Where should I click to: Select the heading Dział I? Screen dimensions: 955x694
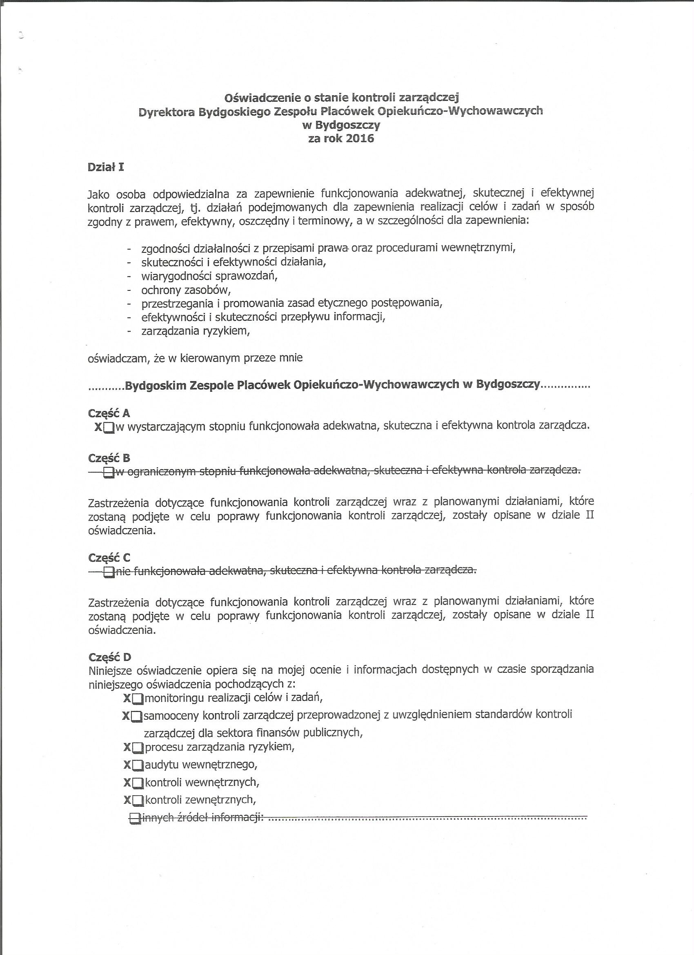coord(106,167)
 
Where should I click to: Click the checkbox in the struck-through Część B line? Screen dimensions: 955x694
coord(109,473)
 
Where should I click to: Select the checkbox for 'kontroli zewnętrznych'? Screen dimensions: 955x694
coord(138,800)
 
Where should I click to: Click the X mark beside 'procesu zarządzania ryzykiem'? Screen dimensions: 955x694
coord(127,747)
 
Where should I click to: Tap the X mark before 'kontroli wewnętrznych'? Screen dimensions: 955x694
coord(127,782)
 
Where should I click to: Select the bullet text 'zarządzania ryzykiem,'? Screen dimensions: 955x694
coord(196,331)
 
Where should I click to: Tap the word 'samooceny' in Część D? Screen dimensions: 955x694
coord(171,715)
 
